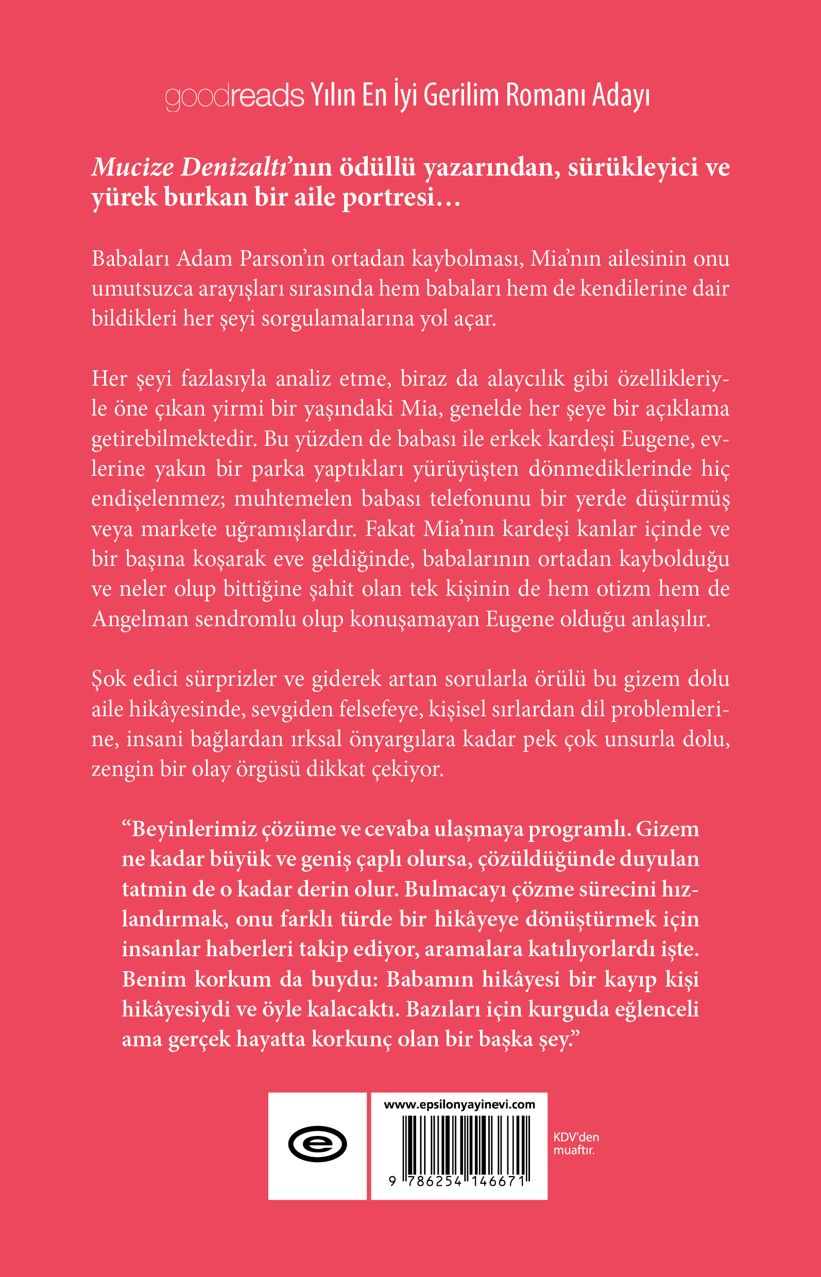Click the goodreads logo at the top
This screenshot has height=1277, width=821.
tap(234, 96)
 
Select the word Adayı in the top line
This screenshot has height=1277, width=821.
tap(621, 96)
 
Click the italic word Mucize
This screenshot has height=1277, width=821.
tap(133, 167)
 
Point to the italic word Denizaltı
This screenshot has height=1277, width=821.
tap(234, 167)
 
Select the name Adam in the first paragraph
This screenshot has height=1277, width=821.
tap(204, 258)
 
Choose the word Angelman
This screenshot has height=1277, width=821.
tap(140, 619)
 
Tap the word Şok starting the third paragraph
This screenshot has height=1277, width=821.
tap(108, 679)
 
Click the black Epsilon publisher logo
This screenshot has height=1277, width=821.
tap(317, 1144)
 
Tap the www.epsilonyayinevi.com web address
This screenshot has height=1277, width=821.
tap(459, 1105)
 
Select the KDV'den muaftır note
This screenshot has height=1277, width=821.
tap(576, 1144)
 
